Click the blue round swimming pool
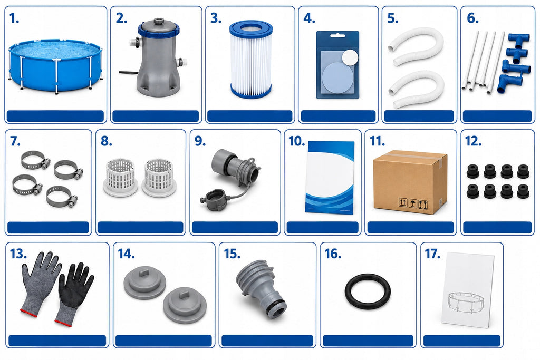click(x=55, y=65)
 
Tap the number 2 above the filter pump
click(x=121, y=18)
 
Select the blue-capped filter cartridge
click(x=250, y=59)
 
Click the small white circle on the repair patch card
click(x=350, y=56)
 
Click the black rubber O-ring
click(x=368, y=291)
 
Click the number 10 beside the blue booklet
click(x=296, y=141)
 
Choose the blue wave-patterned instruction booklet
click(x=330, y=178)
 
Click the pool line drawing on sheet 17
click(x=464, y=300)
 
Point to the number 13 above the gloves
click(x=18, y=254)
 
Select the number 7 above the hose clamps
click(x=15, y=141)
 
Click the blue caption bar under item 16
click(x=368, y=340)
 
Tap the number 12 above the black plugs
click(x=473, y=141)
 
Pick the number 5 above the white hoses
click(x=392, y=18)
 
